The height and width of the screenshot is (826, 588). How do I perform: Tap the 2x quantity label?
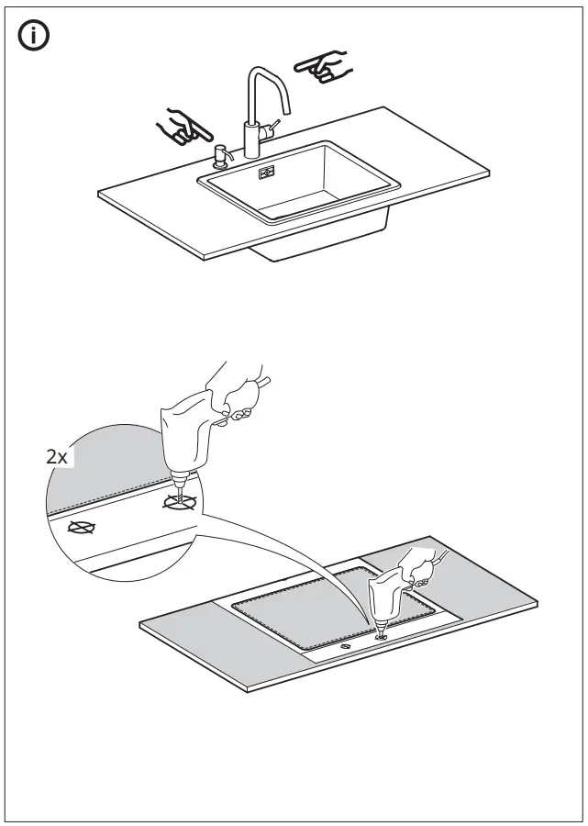point(57,456)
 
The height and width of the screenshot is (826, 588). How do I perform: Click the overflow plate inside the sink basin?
point(268,172)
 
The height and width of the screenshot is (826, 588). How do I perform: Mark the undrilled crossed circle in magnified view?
point(82,529)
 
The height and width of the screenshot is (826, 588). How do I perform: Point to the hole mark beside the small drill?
point(346,646)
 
